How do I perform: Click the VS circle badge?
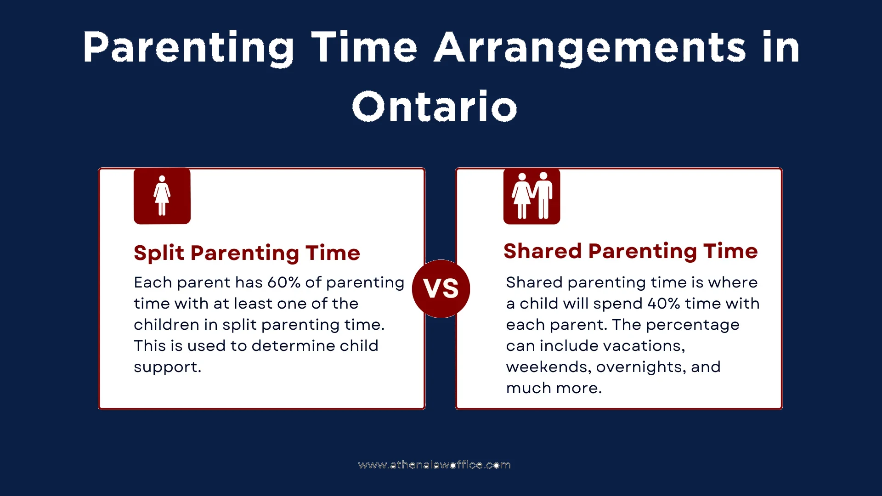click(441, 288)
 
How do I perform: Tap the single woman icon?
click(162, 196)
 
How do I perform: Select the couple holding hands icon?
click(531, 196)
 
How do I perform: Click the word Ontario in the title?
click(434, 107)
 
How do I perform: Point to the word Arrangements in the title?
click(590, 48)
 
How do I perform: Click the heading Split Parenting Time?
click(247, 253)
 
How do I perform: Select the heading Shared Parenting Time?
click(630, 251)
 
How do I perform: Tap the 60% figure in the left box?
click(284, 282)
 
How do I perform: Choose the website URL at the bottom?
click(434, 465)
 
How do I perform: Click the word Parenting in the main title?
click(188, 48)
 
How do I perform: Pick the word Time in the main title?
click(364, 48)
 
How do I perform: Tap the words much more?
click(554, 388)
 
